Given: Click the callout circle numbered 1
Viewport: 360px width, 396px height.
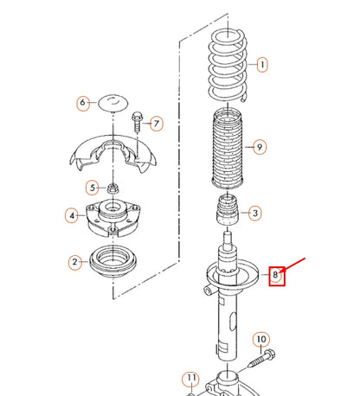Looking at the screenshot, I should (x=261, y=64).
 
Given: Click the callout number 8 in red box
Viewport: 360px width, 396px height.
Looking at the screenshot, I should (x=277, y=276).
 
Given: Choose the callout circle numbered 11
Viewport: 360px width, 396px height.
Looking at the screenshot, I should (x=192, y=379).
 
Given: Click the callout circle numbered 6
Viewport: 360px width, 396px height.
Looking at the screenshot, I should (x=84, y=102).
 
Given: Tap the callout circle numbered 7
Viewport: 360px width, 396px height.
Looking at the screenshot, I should (x=157, y=123).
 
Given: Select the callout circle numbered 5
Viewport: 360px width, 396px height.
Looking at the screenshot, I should (x=91, y=188).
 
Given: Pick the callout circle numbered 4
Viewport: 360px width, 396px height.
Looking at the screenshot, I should (x=74, y=215).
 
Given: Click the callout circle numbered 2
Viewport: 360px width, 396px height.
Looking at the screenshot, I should (x=75, y=261).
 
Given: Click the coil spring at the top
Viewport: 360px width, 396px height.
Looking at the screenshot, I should (x=228, y=63).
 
